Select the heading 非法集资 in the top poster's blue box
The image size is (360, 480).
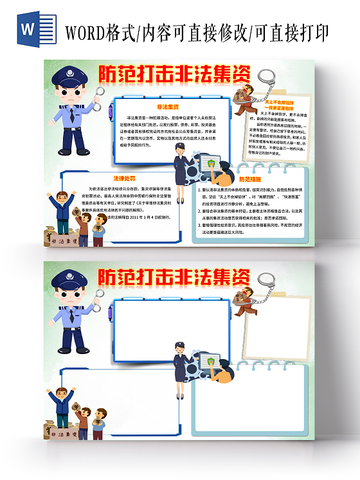168,106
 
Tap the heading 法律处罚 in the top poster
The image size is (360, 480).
123,178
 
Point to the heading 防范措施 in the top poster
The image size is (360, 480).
249,179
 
